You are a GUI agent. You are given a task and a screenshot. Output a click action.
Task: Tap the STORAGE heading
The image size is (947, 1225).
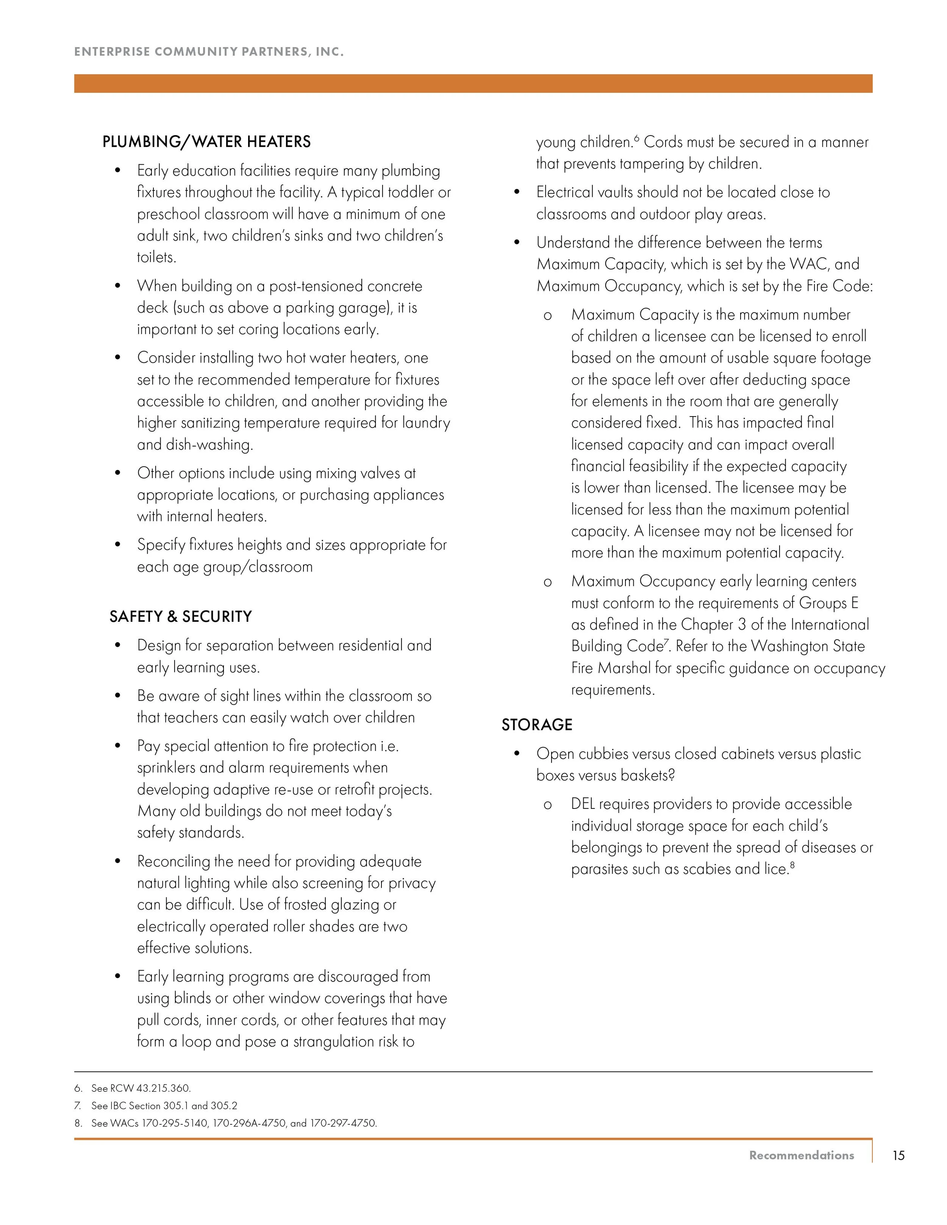pyautogui.click(x=536, y=725)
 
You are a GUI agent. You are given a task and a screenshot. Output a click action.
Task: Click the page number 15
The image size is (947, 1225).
pyautogui.click(x=898, y=1155)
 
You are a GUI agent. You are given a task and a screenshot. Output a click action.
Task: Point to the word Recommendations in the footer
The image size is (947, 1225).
pyautogui.click(x=801, y=1155)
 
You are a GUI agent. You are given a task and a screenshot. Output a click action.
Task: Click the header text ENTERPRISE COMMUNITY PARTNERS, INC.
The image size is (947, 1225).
pyautogui.click(x=209, y=51)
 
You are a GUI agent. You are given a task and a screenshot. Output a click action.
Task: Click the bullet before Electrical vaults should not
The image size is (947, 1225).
pyautogui.click(x=517, y=192)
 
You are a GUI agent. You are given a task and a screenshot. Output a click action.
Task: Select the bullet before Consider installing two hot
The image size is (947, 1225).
pyautogui.click(x=117, y=358)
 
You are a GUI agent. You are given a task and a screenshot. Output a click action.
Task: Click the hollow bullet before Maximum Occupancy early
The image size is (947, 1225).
pyautogui.click(x=547, y=582)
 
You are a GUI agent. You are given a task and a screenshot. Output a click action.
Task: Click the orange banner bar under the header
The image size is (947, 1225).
pyautogui.click(x=473, y=83)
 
